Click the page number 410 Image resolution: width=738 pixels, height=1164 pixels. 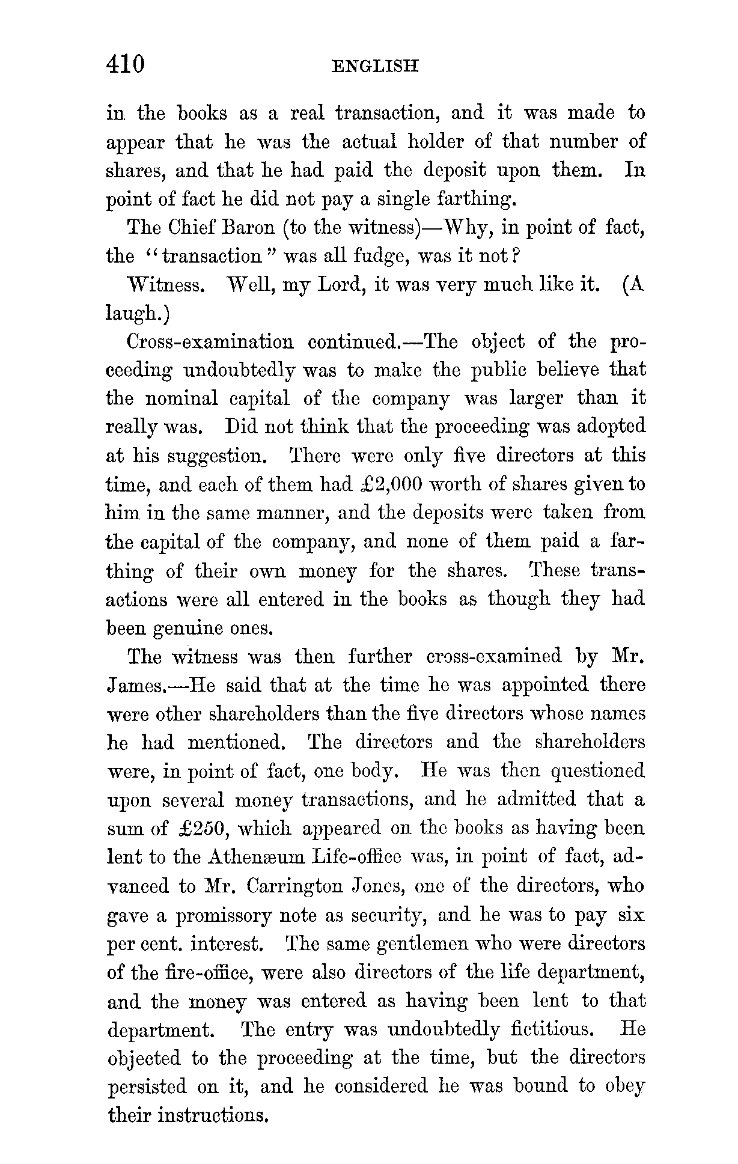click(126, 63)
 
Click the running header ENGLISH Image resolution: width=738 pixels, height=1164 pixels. click(375, 66)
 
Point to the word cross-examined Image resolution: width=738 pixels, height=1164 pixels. click(493, 656)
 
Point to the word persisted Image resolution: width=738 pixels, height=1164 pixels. click(147, 1087)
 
